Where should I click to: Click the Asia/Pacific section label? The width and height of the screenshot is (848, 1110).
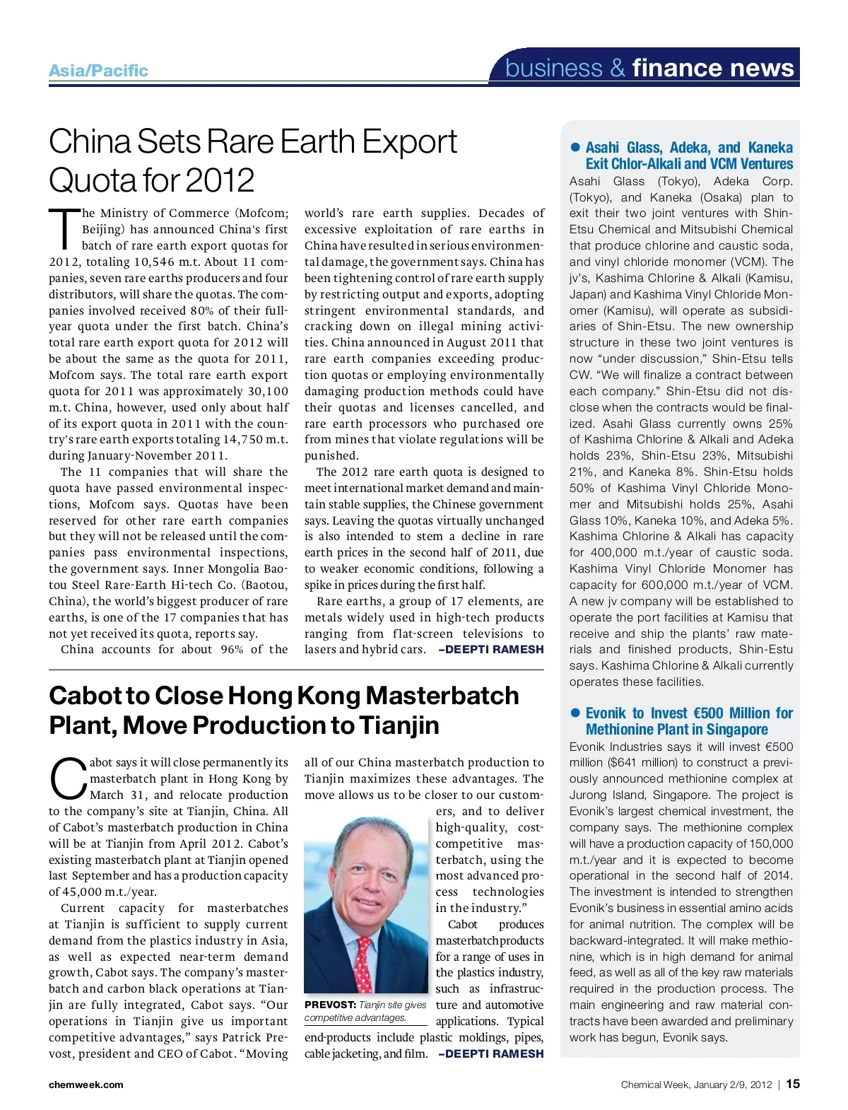98,71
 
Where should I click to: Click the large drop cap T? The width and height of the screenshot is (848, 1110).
64,229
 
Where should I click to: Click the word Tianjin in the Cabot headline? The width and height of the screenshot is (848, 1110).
399,725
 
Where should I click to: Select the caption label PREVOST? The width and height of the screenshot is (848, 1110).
330,1005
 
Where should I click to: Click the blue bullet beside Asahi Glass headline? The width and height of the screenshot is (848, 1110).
575,147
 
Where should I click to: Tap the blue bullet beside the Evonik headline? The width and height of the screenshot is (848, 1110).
575,713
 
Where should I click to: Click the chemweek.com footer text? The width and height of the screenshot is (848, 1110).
86,1085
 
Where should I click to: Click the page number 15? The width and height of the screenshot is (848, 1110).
793,1084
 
